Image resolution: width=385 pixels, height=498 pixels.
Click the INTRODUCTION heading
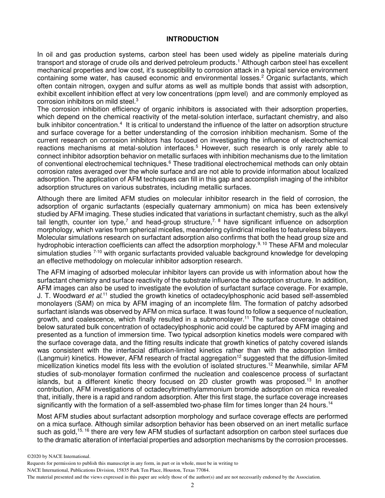pyautogui.click(x=192, y=39)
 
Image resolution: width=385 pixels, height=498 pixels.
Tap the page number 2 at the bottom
pyautogui.click(x=192, y=485)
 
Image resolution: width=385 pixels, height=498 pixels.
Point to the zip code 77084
pyautogui.click(x=201, y=470)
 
